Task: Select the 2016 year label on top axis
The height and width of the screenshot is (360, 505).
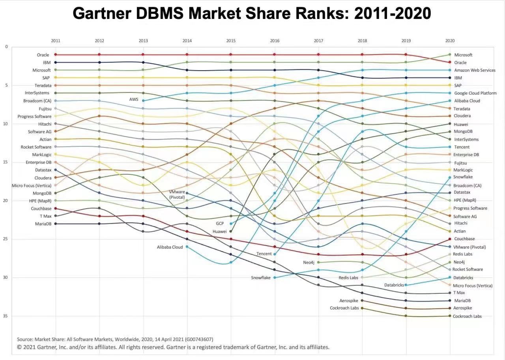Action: (x=275, y=41)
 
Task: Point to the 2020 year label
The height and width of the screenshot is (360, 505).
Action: (x=450, y=41)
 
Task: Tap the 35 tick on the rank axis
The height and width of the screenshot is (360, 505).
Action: (x=6, y=316)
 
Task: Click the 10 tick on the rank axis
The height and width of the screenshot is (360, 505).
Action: (x=6, y=123)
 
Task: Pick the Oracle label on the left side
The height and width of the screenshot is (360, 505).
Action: (x=43, y=55)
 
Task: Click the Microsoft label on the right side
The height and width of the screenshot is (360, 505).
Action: (x=463, y=55)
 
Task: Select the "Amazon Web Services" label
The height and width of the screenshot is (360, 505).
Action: (x=475, y=70)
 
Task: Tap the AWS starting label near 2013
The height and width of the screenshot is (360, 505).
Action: (x=134, y=100)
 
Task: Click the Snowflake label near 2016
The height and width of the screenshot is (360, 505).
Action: (x=261, y=278)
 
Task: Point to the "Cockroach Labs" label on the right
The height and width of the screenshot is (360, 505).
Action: (x=467, y=316)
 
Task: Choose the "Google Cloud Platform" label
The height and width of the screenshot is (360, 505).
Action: (x=475, y=93)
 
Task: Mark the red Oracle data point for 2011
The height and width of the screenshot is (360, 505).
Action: (x=56, y=54)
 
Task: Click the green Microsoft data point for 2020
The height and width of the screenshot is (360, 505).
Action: (x=450, y=54)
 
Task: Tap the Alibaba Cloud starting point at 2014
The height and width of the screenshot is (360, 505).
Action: (x=187, y=246)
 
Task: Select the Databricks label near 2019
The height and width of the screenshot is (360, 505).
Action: (x=394, y=285)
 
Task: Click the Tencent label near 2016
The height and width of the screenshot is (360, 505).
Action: (x=264, y=254)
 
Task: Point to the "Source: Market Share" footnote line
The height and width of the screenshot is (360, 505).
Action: (x=115, y=339)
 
